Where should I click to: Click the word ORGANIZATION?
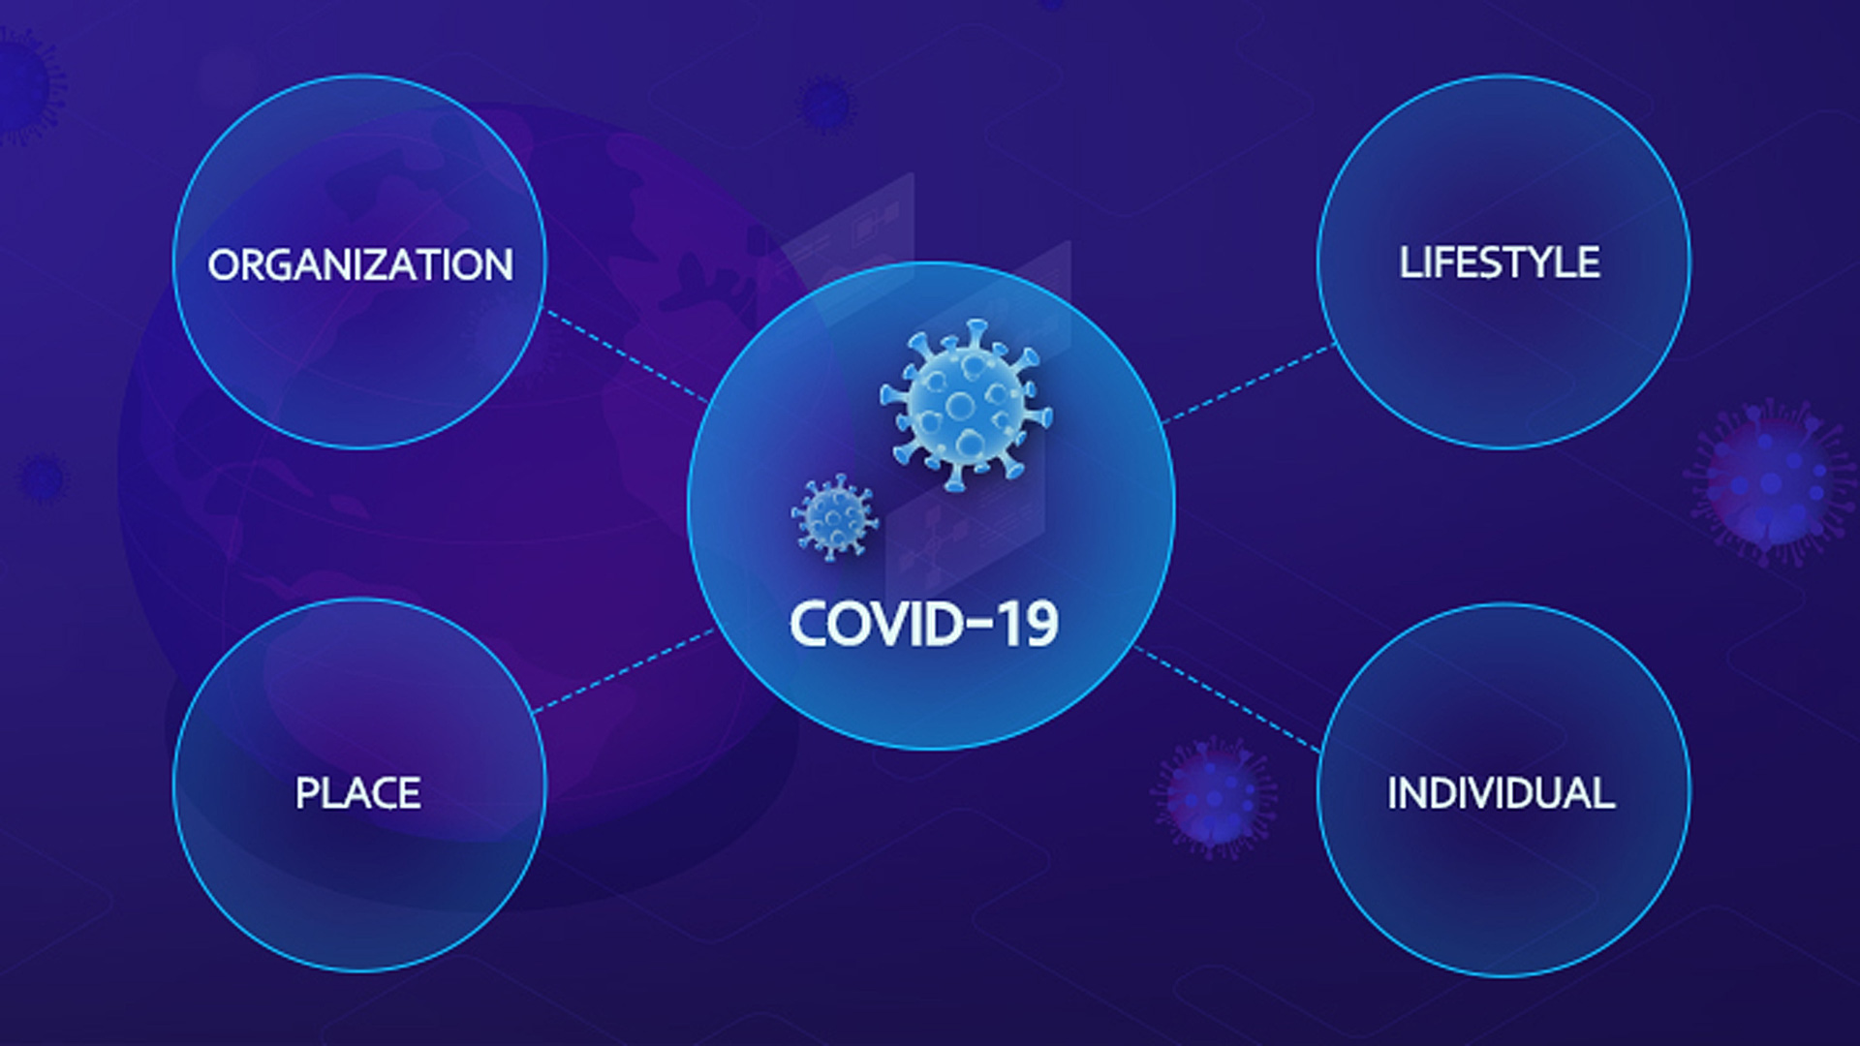pyautogui.click(x=360, y=265)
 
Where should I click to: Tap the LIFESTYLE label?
pyautogui.click(x=1500, y=262)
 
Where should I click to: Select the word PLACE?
pyautogui.click(x=358, y=793)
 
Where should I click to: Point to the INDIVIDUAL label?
pyautogui.click(x=1501, y=793)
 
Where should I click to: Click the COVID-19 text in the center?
pyautogui.click(x=924, y=625)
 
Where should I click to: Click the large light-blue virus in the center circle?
pyautogui.click(x=966, y=404)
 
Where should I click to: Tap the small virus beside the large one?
pyautogui.click(x=833, y=517)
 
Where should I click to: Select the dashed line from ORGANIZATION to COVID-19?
pyautogui.click(x=628, y=355)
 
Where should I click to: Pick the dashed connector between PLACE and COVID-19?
pyautogui.click(x=624, y=670)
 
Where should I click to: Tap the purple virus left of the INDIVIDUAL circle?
pyautogui.click(x=1213, y=796)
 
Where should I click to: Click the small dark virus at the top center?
pyautogui.click(x=825, y=104)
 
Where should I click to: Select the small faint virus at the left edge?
pyautogui.click(x=43, y=477)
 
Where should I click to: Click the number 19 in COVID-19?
pyautogui.click(x=1029, y=625)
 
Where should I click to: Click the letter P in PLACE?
pyautogui.click(x=307, y=793)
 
